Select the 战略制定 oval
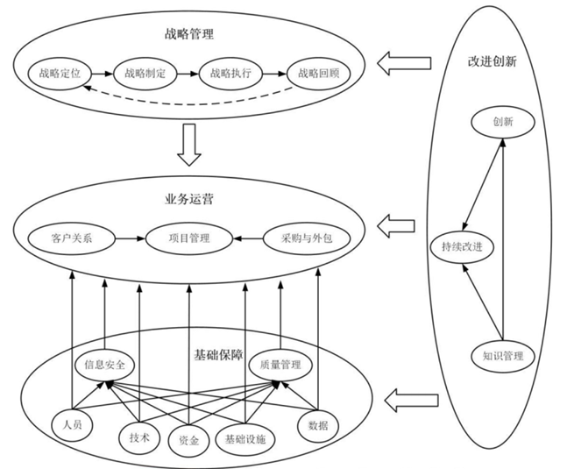pos(145,74)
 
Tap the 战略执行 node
pos(231,74)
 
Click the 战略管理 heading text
pos(189,35)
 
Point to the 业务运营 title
pos(189,199)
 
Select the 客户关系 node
pos(72,238)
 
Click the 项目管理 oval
pos(188,238)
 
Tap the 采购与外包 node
pos(306,238)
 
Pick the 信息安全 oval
pos(104,363)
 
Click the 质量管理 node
pos(280,363)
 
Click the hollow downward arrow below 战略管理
pos(189,145)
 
